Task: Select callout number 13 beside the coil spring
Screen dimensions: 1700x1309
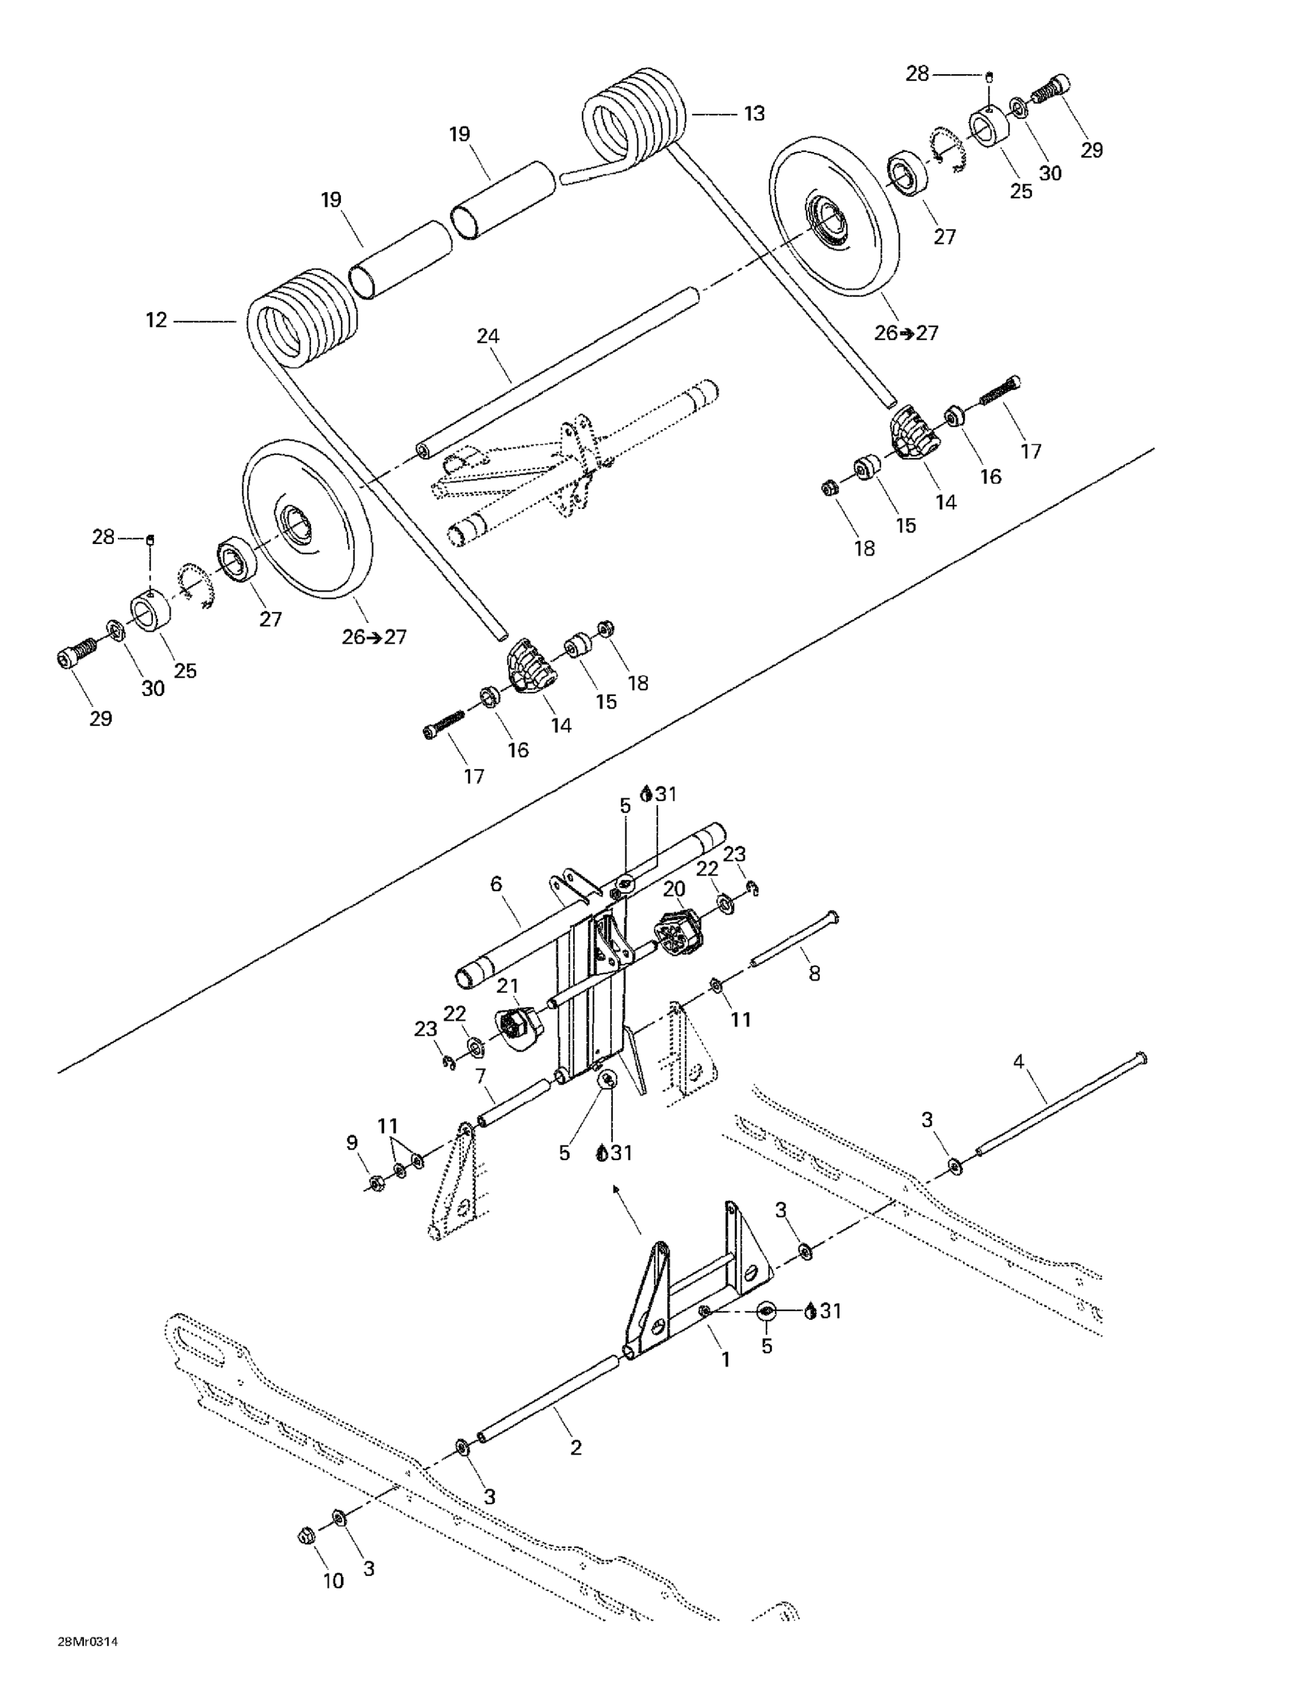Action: click(753, 114)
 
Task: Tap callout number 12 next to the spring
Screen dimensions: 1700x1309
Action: click(156, 320)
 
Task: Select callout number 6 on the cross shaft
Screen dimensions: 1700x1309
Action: click(496, 884)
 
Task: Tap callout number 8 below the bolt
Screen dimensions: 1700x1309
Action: click(814, 973)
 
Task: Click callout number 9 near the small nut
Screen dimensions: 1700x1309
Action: click(352, 1142)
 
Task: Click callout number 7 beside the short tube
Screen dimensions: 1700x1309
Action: click(480, 1076)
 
